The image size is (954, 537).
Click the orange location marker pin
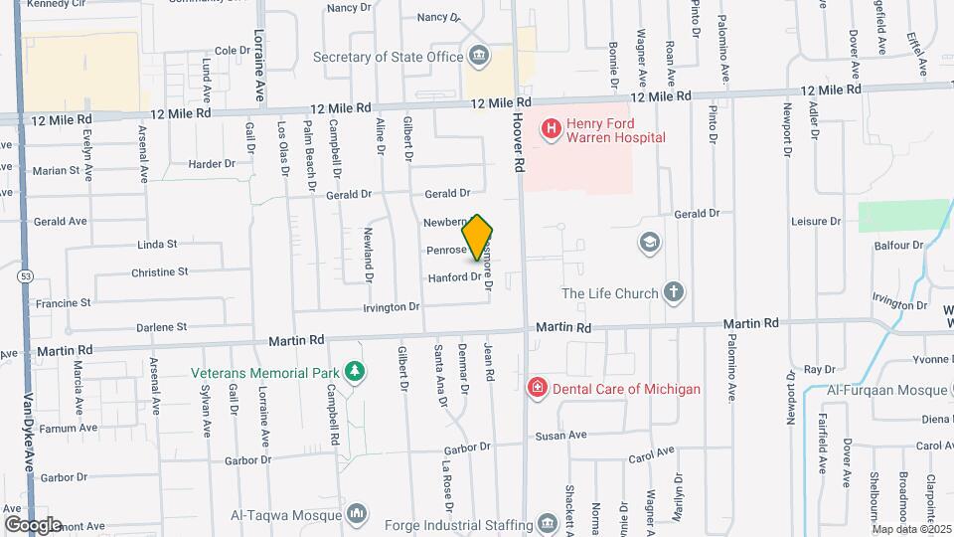pyautogui.click(x=478, y=238)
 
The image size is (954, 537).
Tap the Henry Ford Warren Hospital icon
pyautogui.click(x=548, y=129)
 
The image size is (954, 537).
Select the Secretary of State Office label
pyautogui.click(x=389, y=57)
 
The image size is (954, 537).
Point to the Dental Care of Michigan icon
pyautogui.click(x=537, y=388)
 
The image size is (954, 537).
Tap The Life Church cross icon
pyautogui.click(x=674, y=292)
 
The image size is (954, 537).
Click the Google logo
pyautogui.click(x=33, y=524)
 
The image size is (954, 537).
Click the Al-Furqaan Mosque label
pyautogui.click(x=884, y=390)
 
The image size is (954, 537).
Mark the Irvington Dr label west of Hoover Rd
pyautogui.click(x=392, y=307)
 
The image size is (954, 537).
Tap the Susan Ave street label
pyautogui.click(x=561, y=436)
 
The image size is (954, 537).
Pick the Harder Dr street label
pyautogui.click(x=212, y=163)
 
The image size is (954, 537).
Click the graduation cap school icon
pyautogui.click(x=649, y=243)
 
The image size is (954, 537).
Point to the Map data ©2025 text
pyautogui.click(x=910, y=528)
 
